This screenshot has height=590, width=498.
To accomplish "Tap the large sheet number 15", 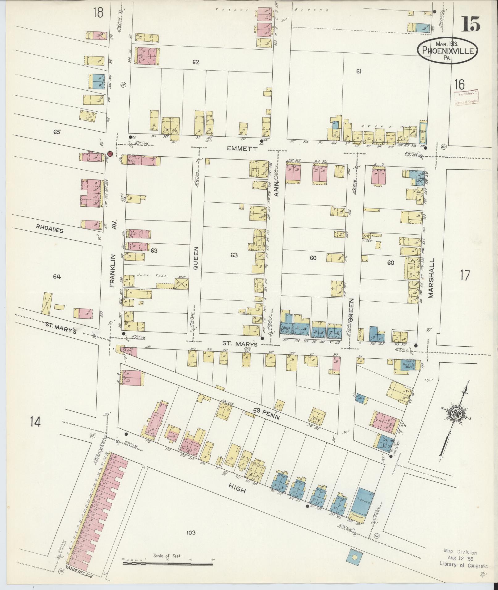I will click(471, 24).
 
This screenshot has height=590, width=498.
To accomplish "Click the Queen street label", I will click(195, 258).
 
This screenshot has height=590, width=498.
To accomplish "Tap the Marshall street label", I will click(431, 278).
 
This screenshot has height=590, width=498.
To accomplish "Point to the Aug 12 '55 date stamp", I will click(460, 559).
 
